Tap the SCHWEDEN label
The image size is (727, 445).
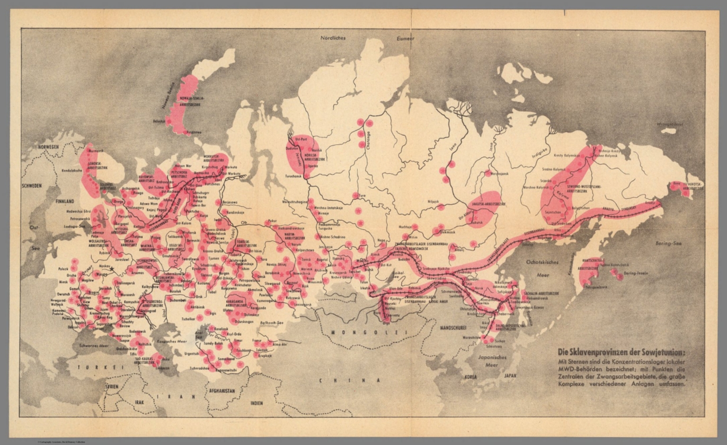point(31,185)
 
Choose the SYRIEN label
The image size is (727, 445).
point(112,386)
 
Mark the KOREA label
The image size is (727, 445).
point(470,377)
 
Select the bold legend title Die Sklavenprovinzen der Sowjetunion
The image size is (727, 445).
point(621,352)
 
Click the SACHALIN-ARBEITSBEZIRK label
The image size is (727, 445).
point(541,294)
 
